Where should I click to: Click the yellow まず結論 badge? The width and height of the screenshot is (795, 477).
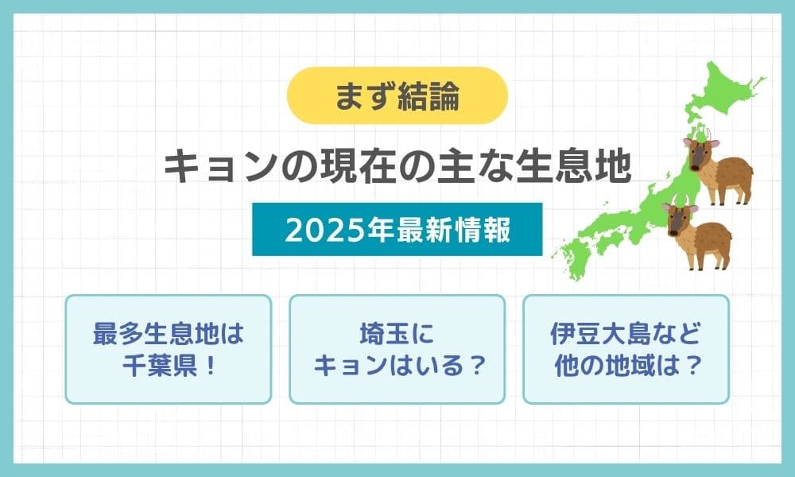point(397,95)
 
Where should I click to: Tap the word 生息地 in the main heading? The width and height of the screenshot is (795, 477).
point(573,166)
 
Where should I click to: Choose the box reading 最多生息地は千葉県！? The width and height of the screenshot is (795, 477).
point(169,349)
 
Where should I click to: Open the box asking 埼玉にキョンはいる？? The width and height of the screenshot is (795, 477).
point(397,349)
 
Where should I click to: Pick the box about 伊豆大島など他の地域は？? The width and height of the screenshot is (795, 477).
point(626,349)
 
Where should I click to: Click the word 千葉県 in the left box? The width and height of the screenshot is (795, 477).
point(160,366)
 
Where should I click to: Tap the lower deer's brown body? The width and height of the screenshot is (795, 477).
point(711,240)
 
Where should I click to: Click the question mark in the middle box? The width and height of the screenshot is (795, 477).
point(475,366)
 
